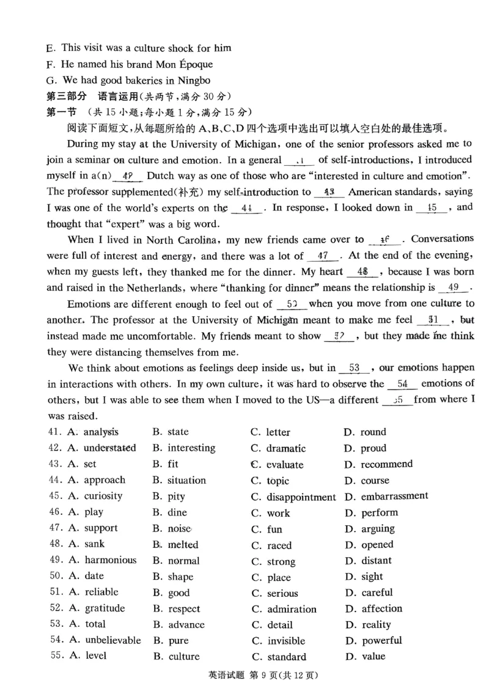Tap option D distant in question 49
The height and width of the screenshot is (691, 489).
pos(376,560)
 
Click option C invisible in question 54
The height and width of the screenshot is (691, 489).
pos(285,641)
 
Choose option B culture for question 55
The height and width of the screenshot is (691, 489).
pos(183,657)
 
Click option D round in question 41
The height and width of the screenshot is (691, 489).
pos(373,432)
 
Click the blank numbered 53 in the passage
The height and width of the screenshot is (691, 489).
pos(354,368)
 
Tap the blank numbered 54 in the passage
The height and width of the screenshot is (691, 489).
pos(402,384)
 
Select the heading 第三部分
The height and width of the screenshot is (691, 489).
pos(67,96)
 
